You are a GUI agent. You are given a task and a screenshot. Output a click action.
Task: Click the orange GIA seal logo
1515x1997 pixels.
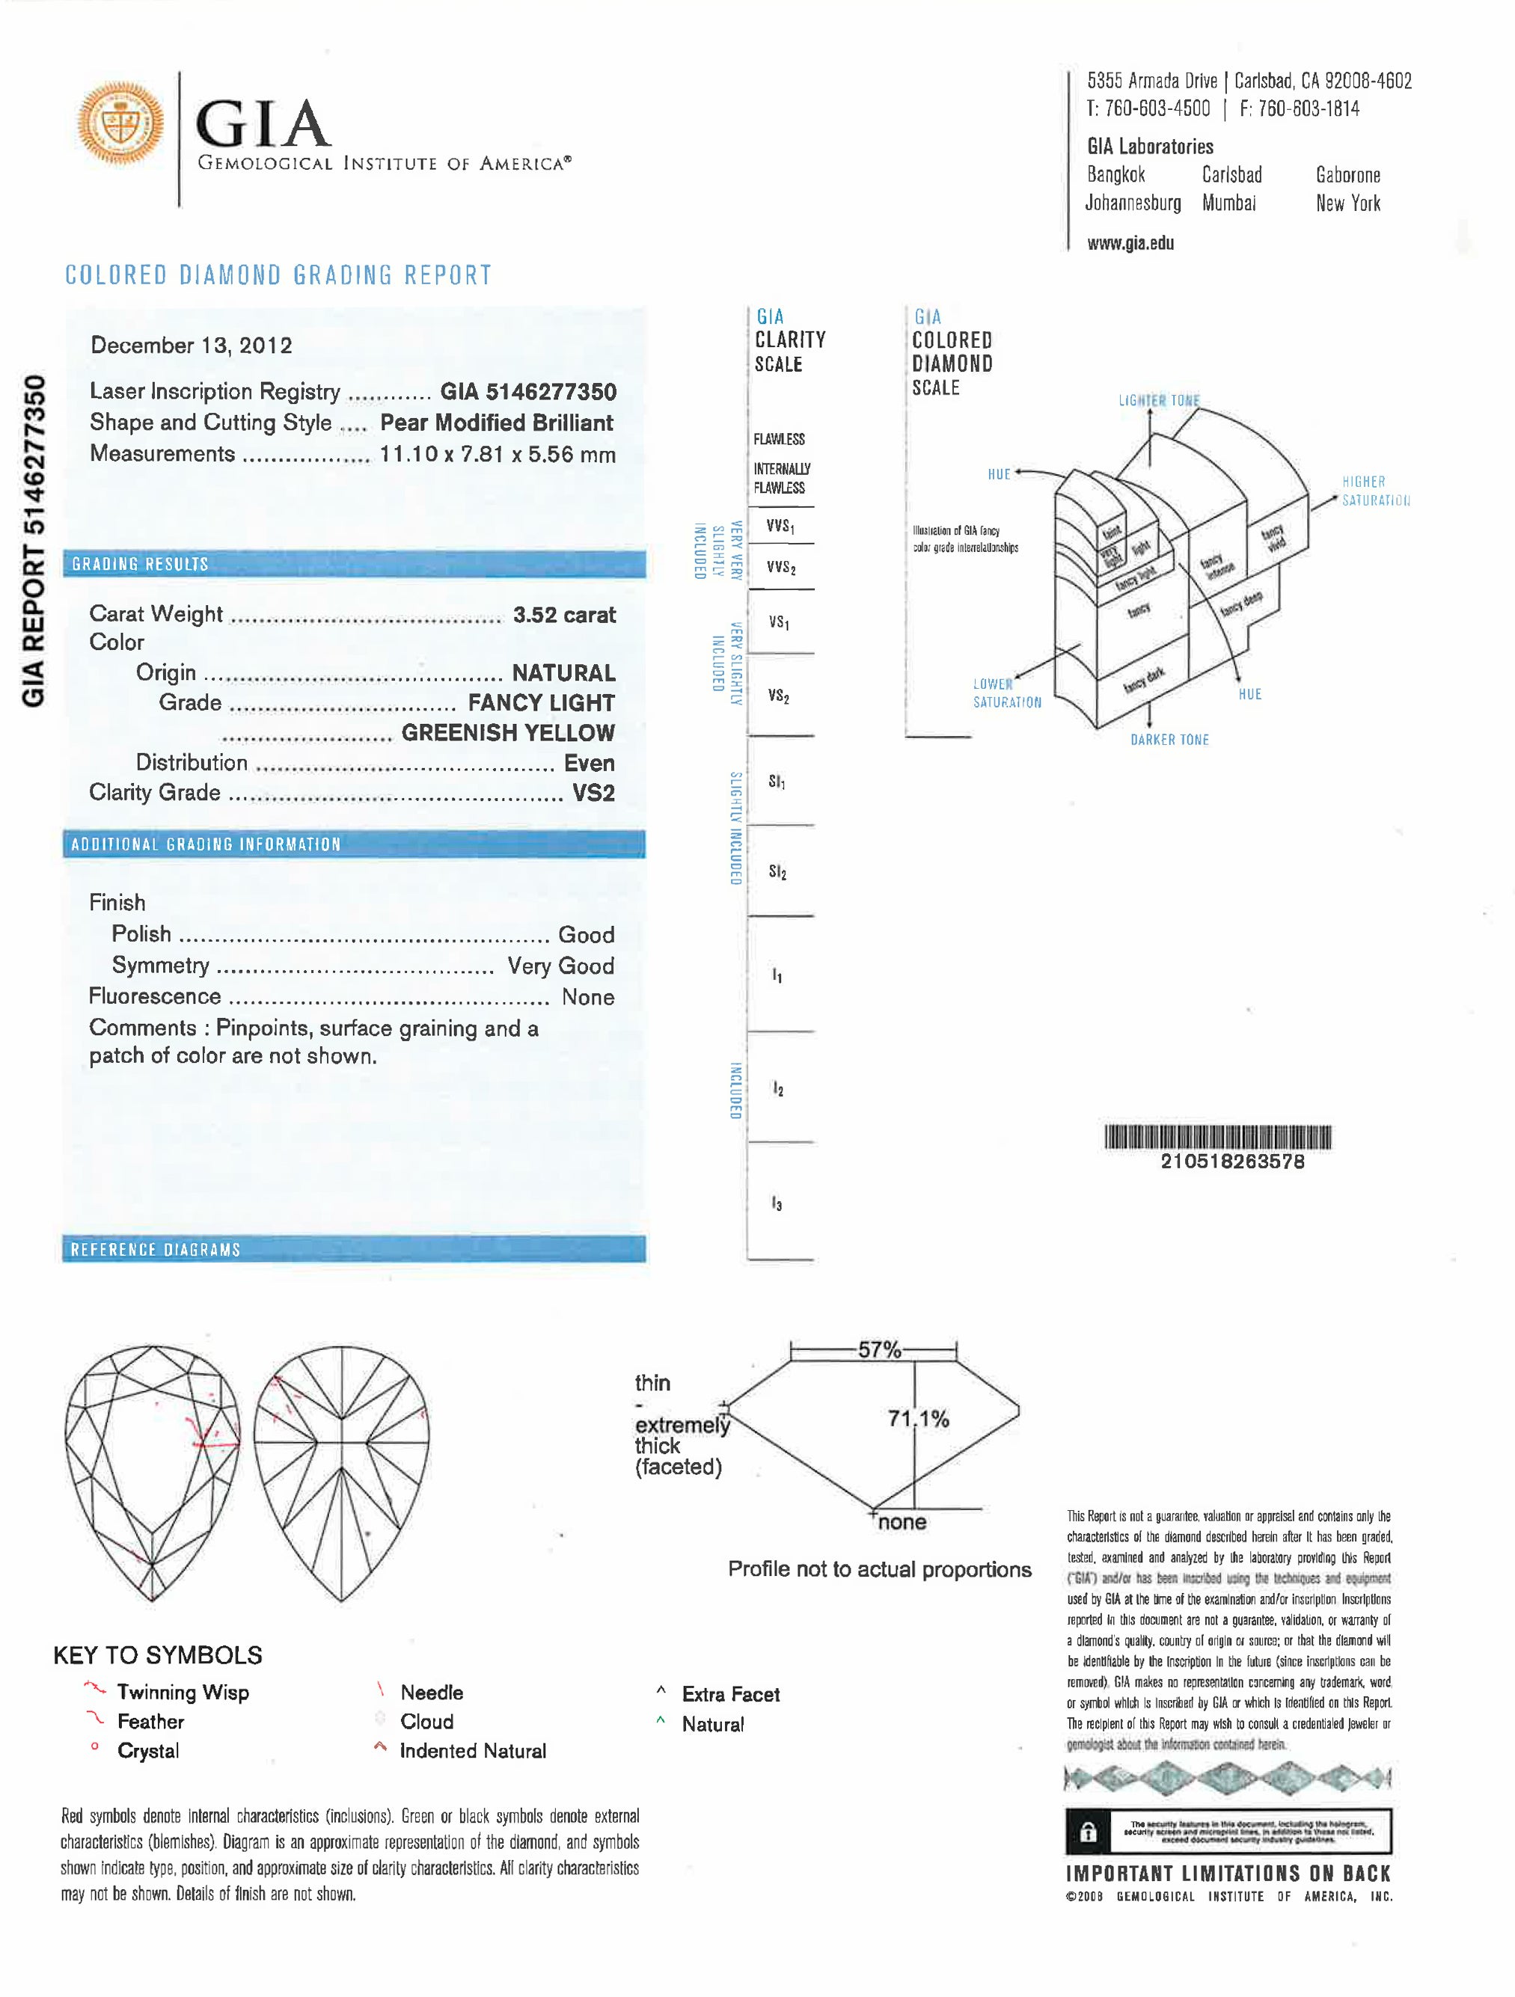click(x=120, y=123)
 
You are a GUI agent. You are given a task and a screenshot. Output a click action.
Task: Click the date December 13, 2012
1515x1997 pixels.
click(x=192, y=345)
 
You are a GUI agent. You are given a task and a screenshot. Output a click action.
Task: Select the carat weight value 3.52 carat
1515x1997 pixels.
click(x=563, y=615)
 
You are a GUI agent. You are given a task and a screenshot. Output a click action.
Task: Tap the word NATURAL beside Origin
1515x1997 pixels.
click(x=563, y=672)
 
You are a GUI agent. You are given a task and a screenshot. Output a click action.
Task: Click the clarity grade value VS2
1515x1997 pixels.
click(x=593, y=793)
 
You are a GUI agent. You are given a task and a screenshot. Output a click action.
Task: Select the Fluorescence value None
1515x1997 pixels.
click(x=588, y=997)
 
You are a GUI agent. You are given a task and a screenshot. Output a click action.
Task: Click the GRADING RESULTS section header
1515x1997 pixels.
click(x=140, y=564)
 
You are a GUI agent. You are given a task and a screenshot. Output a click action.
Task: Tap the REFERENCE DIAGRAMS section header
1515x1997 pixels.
click(x=156, y=1250)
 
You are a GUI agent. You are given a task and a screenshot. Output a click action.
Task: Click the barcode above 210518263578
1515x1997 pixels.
click(x=1217, y=1137)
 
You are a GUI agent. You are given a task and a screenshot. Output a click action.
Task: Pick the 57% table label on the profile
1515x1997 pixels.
click(x=878, y=1350)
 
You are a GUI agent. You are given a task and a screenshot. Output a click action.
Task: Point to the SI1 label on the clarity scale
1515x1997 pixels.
click(x=777, y=782)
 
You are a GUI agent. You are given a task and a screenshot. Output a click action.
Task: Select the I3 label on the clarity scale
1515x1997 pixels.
click(x=777, y=1203)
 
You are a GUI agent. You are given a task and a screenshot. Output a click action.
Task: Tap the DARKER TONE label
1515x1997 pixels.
click(x=1169, y=740)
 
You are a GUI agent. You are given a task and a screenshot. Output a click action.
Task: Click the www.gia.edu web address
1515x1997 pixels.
click(x=1130, y=243)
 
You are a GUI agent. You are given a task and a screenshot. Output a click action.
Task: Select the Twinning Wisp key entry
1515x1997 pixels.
click(x=183, y=1692)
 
